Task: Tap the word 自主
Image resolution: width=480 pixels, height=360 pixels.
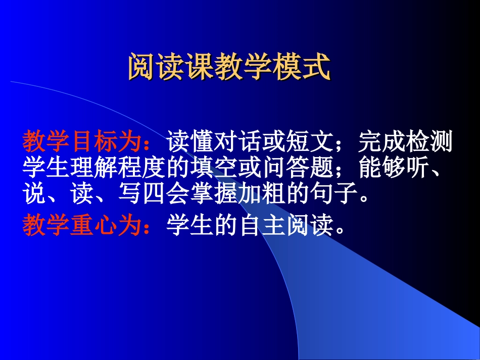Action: [262, 227]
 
